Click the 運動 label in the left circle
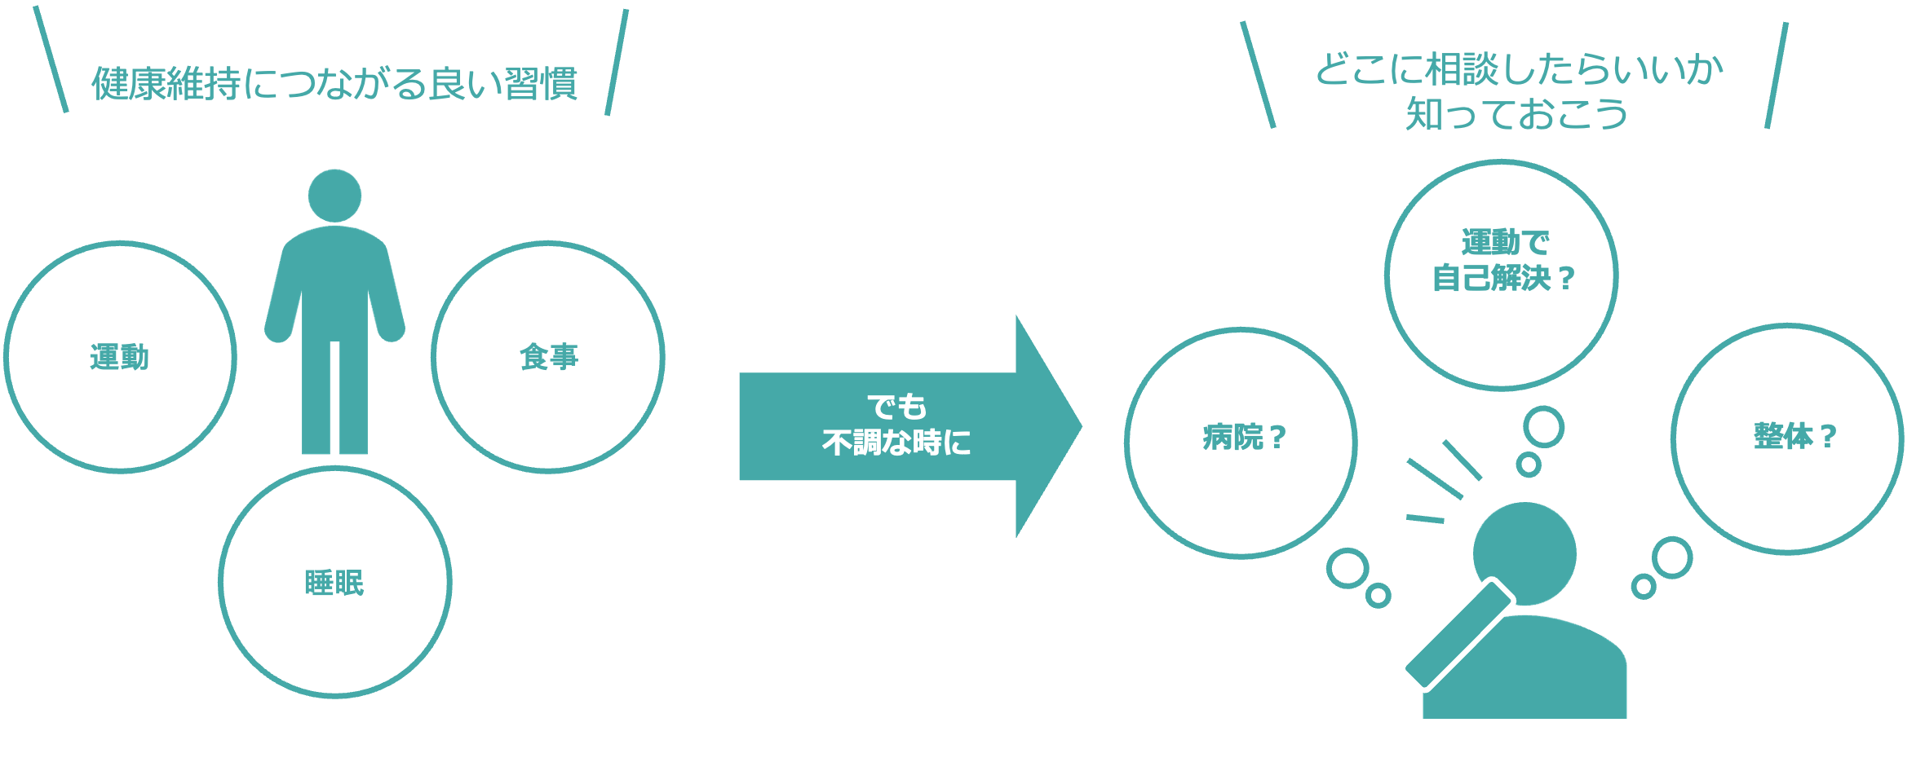pyautogui.click(x=119, y=358)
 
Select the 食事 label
pyautogui.click(x=548, y=357)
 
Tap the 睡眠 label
pyautogui.click(x=334, y=583)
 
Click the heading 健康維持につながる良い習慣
pyautogui.click(x=334, y=83)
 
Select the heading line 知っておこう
pyautogui.click(x=1516, y=114)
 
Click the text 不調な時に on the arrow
pyautogui.click(x=896, y=443)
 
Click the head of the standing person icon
pyautogui.click(x=334, y=196)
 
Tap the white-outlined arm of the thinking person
pyautogui.click(x=1458, y=634)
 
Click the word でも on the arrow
pyautogui.click(x=896, y=406)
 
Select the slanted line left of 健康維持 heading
pyautogui.click(x=51, y=59)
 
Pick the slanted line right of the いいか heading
pyautogui.click(x=1777, y=75)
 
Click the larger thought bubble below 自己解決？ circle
pyautogui.click(x=1543, y=428)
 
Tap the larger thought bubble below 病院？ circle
pyautogui.click(x=1347, y=568)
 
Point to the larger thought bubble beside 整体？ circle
pyautogui.click(x=1672, y=557)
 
